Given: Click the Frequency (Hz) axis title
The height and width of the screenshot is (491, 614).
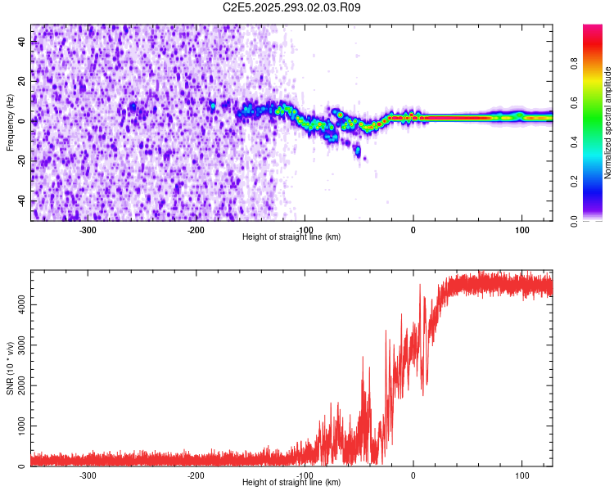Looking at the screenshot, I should pyautogui.click(x=11, y=123).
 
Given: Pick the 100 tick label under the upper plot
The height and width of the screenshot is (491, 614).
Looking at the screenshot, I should pyautogui.click(x=521, y=229).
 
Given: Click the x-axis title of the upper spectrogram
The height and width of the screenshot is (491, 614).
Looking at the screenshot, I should pyautogui.click(x=291, y=237).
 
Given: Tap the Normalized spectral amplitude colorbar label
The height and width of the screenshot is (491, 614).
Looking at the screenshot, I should pyautogui.click(x=608, y=123).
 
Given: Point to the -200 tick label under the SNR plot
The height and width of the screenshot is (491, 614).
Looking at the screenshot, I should pyautogui.click(x=196, y=475).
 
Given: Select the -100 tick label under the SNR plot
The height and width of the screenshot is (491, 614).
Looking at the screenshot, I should pyautogui.click(x=304, y=475).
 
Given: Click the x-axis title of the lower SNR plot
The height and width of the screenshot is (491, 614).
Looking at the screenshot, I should pyautogui.click(x=291, y=483).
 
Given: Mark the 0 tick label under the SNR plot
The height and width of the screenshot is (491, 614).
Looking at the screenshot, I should pyautogui.click(x=413, y=475).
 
